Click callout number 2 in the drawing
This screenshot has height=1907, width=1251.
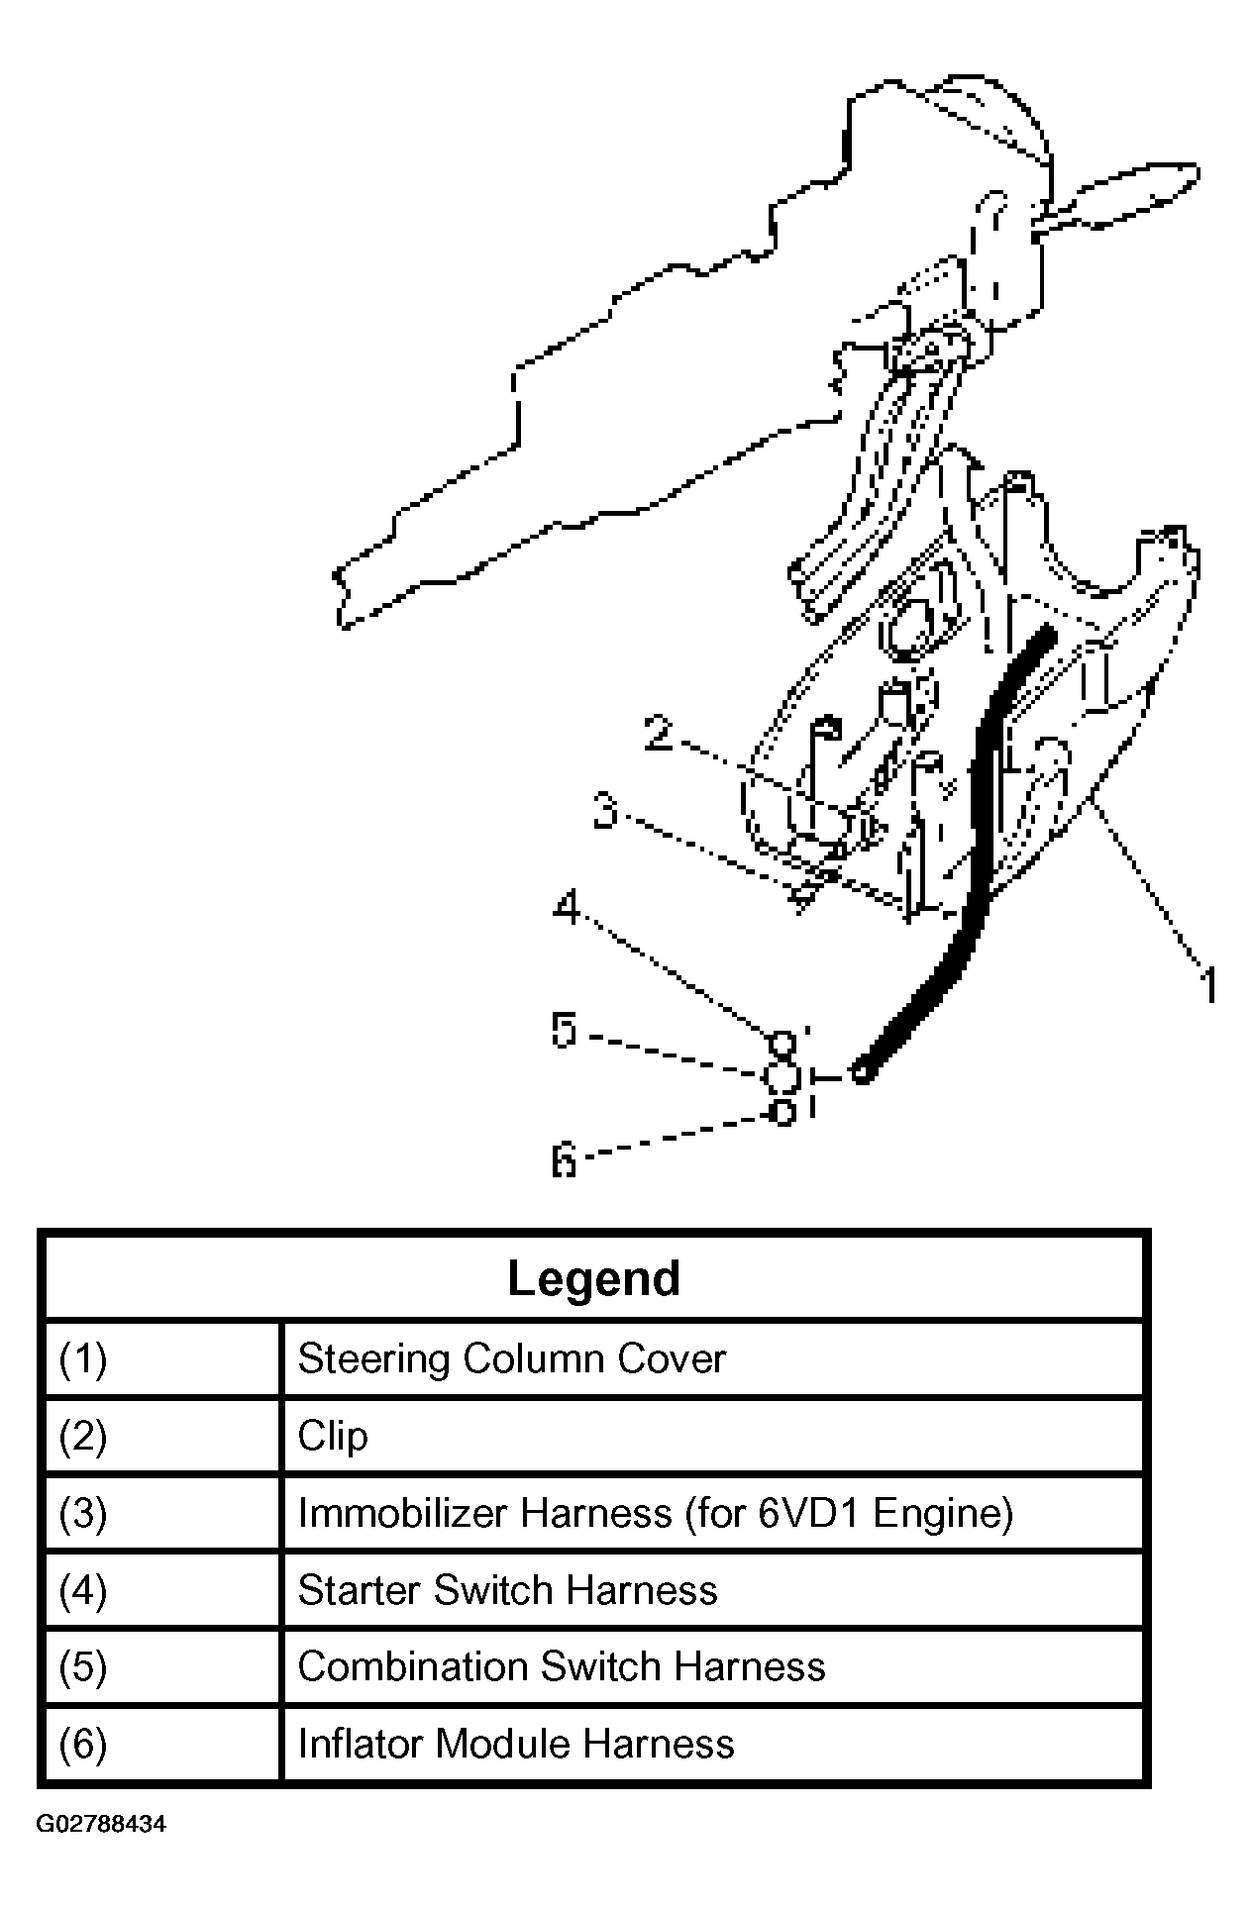658,734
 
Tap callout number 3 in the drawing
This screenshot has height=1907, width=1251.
606,812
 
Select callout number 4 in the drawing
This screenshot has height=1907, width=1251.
567,907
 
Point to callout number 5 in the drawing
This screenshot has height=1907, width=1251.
564,1031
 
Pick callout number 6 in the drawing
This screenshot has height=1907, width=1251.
564,1158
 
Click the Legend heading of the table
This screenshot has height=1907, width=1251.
593,1278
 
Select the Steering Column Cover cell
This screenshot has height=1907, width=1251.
511,1358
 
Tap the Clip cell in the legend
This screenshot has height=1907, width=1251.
333,1436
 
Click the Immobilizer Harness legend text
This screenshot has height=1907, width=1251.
655,1513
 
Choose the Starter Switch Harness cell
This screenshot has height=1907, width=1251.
507,1590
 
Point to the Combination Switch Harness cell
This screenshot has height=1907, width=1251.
561,1666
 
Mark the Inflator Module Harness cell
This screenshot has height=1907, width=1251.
515,1744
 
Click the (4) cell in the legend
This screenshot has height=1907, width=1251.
83,1590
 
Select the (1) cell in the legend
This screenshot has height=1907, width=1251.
83,1358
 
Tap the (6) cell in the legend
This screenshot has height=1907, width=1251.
83,1744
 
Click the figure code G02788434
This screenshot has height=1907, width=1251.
102,1824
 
